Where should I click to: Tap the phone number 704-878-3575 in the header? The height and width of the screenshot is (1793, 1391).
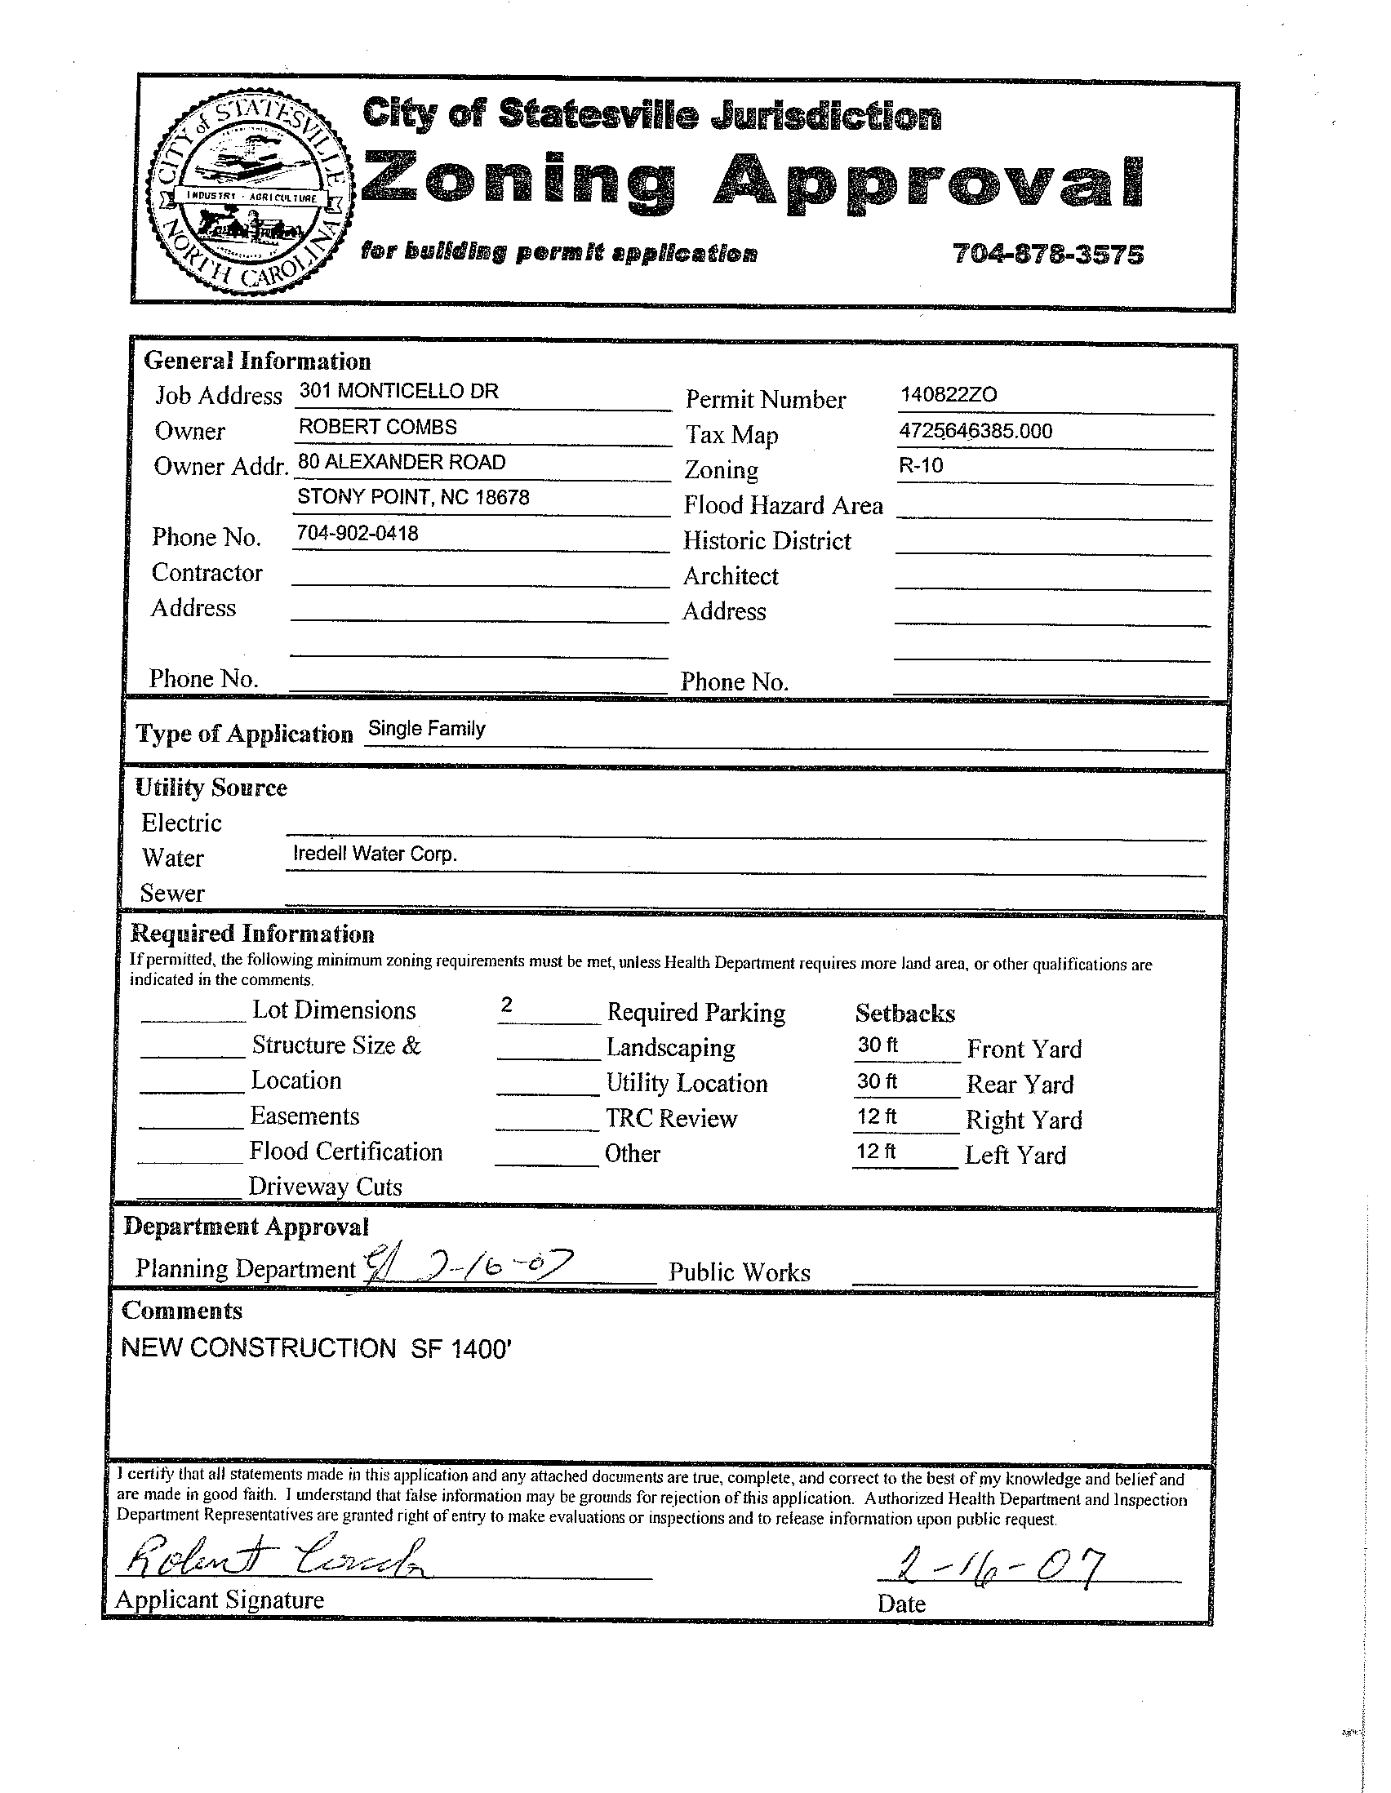[x=1048, y=255]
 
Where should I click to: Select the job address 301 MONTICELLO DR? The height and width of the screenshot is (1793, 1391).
[x=398, y=391]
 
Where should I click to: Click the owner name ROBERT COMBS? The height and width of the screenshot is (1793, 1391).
[x=378, y=427]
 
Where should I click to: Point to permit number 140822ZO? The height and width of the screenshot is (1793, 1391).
[x=949, y=395]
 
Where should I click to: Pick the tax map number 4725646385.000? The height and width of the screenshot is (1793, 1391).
[x=975, y=431]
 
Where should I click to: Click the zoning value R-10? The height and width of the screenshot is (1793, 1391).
[x=921, y=466]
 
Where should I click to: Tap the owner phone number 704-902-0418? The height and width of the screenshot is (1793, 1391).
[x=358, y=534]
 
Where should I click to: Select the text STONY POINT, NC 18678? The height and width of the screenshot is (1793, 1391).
[x=413, y=498]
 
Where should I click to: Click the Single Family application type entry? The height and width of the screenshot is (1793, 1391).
[x=426, y=728]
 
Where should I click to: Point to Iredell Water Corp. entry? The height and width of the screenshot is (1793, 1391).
[x=375, y=854]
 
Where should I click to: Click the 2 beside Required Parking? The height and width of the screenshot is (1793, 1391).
[x=507, y=1004]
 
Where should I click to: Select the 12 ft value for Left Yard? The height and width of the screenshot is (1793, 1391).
[x=876, y=1151]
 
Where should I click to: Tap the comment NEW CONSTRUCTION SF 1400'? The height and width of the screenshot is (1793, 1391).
[x=317, y=1348]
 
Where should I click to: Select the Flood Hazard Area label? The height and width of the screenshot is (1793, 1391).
[x=784, y=505]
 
